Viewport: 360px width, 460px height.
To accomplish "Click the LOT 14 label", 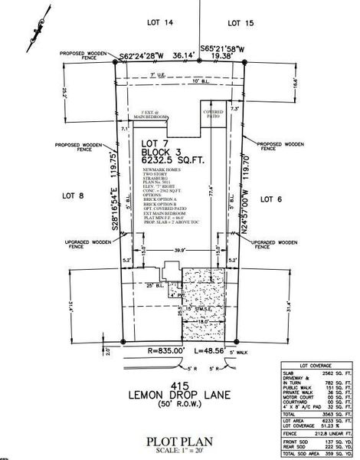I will pyautogui.click(x=158, y=25).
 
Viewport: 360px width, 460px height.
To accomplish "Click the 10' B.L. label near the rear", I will pyautogui.click(x=201, y=80).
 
